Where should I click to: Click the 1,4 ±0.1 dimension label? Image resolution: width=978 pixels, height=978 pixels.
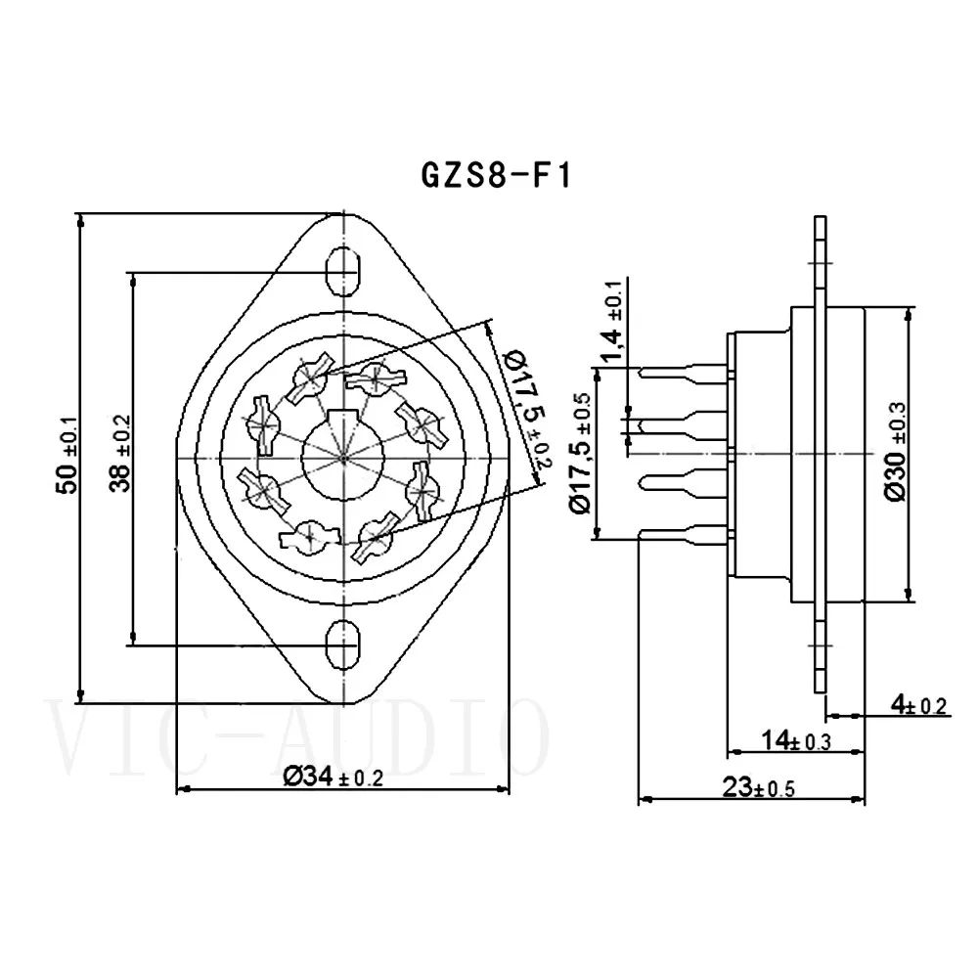(x=612, y=323)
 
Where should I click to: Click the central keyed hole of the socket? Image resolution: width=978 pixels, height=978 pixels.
(x=344, y=454)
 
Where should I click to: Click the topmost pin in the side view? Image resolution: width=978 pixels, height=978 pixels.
(x=685, y=372)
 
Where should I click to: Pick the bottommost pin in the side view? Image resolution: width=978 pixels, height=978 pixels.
(x=685, y=533)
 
